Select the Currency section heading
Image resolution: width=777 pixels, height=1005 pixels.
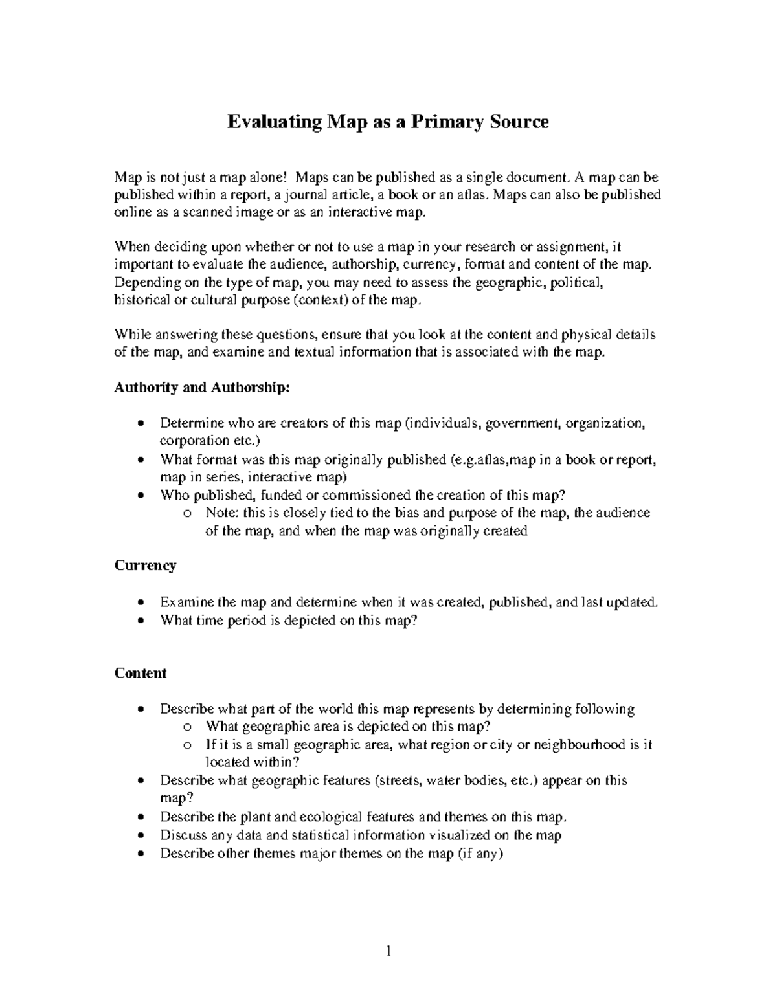click(145, 566)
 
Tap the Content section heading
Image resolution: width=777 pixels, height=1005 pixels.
click(141, 673)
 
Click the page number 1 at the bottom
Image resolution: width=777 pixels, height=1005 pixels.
click(388, 951)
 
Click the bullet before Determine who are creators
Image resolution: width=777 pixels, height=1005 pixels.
click(141, 425)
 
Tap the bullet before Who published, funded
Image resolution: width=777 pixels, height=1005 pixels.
click(141, 496)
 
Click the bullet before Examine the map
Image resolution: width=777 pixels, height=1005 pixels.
click(141, 603)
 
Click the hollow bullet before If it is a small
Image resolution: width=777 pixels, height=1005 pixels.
click(187, 745)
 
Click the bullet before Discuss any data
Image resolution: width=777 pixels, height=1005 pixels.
click(141, 835)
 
